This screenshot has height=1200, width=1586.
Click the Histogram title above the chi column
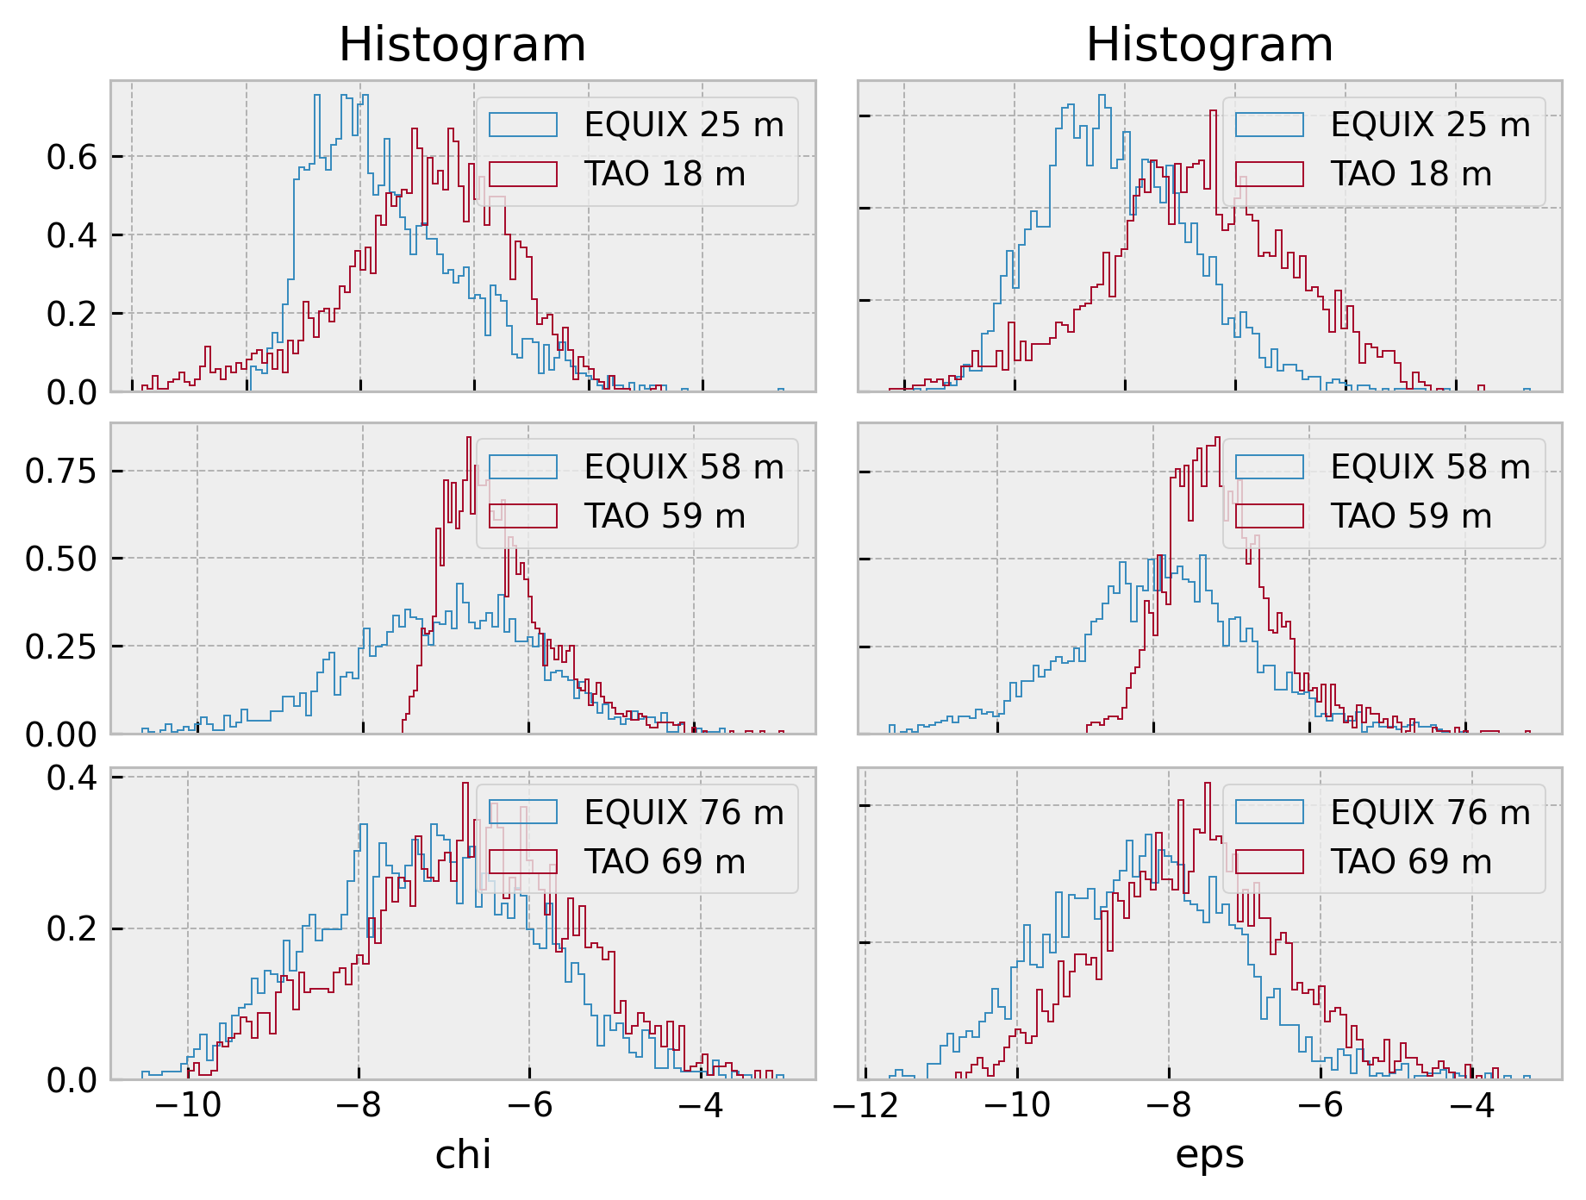tap(462, 45)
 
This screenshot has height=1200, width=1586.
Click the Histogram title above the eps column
tap(1209, 45)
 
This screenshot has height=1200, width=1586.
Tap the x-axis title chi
tap(463, 1154)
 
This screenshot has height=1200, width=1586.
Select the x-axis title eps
tap(1209, 1154)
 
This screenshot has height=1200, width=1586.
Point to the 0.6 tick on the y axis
tap(72, 157)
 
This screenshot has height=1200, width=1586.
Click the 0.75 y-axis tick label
tap(61, 472)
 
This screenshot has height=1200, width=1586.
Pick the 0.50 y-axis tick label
tap(61, 559)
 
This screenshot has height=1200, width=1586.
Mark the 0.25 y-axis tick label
tap(61, 647)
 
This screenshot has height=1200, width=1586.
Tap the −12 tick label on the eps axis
tap(865, 1105)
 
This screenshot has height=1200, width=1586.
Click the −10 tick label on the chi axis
tap(188, 1105)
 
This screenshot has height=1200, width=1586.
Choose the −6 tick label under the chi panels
tap(530, 1105)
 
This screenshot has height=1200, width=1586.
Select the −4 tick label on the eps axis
tap(1473, 1105)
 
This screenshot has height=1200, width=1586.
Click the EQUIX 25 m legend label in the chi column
tap(684, 125)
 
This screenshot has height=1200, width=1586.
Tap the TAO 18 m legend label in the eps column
tap(1411, 174)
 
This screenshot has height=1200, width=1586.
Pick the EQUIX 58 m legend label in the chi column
tap(684, 467)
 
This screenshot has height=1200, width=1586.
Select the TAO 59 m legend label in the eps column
tap(1411, 516)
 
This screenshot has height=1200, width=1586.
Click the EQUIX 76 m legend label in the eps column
tap(1430, 813)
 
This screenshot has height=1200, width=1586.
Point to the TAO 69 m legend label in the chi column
tap(665, 862)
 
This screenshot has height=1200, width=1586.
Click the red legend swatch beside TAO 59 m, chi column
tap(523, 516)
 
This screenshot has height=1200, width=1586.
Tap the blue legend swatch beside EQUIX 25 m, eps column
tap(1270, 125)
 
